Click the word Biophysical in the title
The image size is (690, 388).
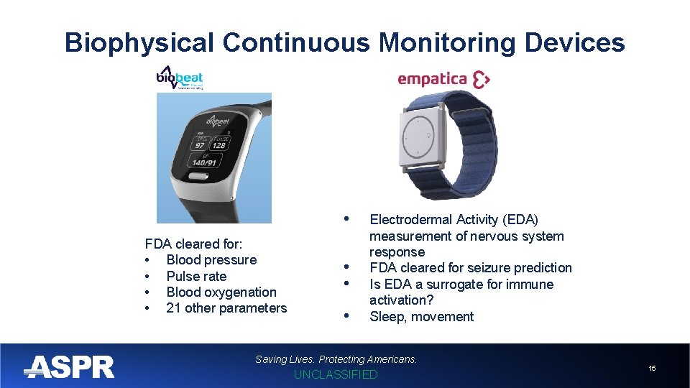coord(139,43)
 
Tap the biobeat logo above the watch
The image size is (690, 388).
coord(180,78)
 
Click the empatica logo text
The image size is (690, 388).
coord(433,79)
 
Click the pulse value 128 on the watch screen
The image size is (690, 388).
coord(218,144)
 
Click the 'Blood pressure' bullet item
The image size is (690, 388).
coord(211,260)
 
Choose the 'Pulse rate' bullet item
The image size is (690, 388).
coord(196,276)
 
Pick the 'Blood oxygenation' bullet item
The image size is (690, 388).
coord(221,292)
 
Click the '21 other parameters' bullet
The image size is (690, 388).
coord(226,308)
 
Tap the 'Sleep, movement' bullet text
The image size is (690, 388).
coord(421,317)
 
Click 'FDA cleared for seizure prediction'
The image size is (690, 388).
coord(470,268)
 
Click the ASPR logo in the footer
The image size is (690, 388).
coord(69,367)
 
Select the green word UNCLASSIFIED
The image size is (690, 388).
coord(336,374)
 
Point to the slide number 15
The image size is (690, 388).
coord(652,368)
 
